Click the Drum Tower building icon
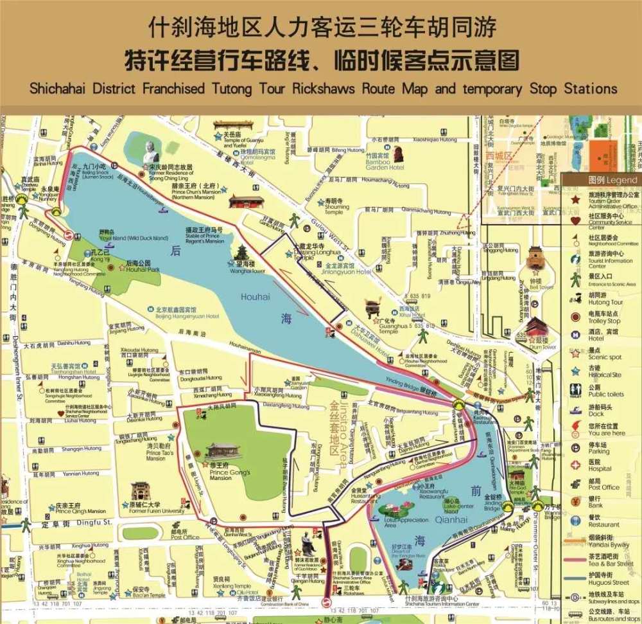click(x=537, y=326)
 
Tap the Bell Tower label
click(x=542, y=287)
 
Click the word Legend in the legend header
click(x=621, y=181)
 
